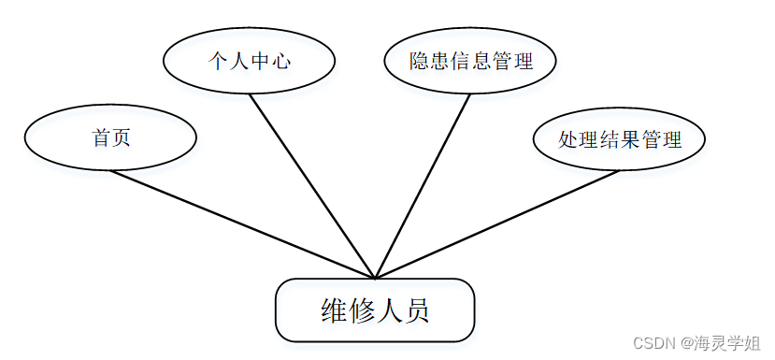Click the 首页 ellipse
point(110,138)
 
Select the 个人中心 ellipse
point(249,62)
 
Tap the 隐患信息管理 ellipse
point(470,62)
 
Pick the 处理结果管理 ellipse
point(619,140)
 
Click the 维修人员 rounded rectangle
point(375,310)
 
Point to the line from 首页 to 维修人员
point(243,224)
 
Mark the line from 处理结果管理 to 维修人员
point(495,224)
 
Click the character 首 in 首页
point(101,138)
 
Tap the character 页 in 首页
point(121,138)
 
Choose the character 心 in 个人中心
point(281,62)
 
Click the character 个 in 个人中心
point(217,62)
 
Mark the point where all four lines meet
point(375,278)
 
